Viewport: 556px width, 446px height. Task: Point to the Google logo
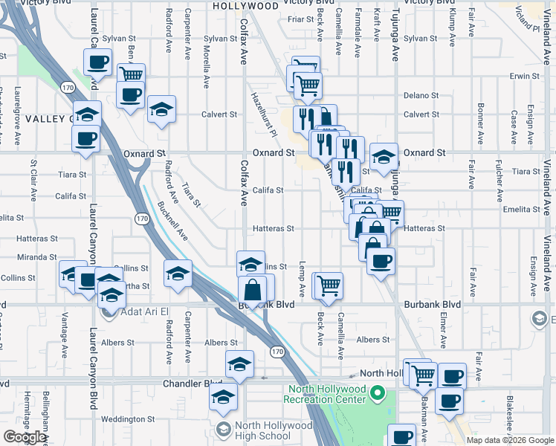25,438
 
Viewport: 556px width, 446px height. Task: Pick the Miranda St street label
37,257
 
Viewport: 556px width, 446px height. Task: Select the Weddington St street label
128,419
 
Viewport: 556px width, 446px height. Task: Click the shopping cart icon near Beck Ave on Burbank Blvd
328,285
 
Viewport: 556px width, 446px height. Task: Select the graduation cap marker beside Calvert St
161,109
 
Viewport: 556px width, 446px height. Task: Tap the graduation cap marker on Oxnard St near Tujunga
384,157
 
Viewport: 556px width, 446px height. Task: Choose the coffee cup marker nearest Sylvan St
99,62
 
